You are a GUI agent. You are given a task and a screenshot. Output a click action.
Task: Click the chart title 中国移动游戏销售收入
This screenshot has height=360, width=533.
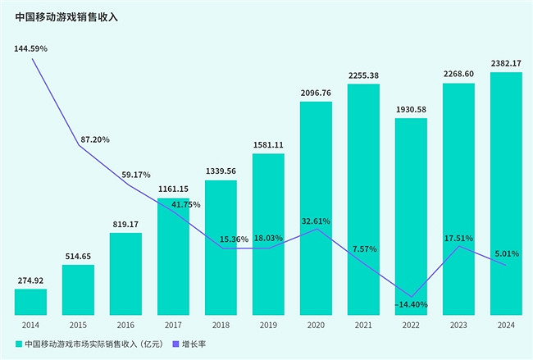66,16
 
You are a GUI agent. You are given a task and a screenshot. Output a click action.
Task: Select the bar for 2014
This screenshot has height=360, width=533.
30,301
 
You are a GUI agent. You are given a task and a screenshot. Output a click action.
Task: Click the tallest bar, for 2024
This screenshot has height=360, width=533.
506,193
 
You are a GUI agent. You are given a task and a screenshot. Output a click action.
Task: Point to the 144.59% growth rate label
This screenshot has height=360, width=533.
31,49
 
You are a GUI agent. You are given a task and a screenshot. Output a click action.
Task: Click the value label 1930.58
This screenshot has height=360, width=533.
411,110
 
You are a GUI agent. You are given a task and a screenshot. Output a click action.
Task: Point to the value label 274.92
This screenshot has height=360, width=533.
30,280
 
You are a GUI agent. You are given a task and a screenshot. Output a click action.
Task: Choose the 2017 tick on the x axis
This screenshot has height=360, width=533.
173,325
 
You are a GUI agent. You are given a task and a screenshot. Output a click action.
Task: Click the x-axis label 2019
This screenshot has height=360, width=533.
268,325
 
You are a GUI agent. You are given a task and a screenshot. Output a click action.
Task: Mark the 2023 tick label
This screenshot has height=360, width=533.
458,325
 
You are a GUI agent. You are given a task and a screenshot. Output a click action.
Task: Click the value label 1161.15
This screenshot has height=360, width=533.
173,189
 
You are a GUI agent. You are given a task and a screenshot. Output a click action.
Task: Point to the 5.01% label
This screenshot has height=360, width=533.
507,253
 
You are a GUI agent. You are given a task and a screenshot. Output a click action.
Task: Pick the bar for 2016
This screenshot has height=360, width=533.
125,273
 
